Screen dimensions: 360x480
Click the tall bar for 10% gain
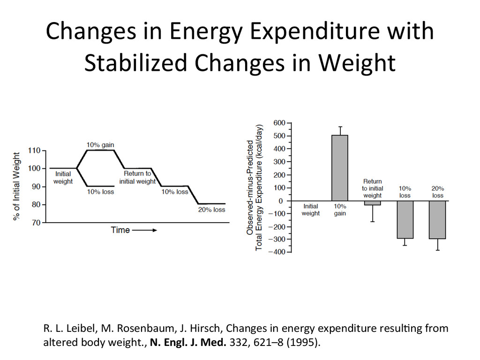[340, 168]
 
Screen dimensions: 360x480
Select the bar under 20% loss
[437, 219]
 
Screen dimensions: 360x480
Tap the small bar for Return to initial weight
[372, 203]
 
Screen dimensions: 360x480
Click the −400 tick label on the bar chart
[277, 252]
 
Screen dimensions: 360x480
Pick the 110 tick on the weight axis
[34, 150]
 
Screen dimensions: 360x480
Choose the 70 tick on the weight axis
[36, 223]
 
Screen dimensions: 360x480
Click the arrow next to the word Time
[145, 230]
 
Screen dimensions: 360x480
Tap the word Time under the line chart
[120, 230]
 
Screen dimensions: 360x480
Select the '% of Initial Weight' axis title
[17, 186]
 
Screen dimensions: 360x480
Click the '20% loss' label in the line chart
[211, 210]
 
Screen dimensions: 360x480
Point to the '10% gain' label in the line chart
[100, 145]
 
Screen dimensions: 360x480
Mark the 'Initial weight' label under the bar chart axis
[310, 210]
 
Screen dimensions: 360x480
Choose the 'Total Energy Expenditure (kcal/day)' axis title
[259, 187]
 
